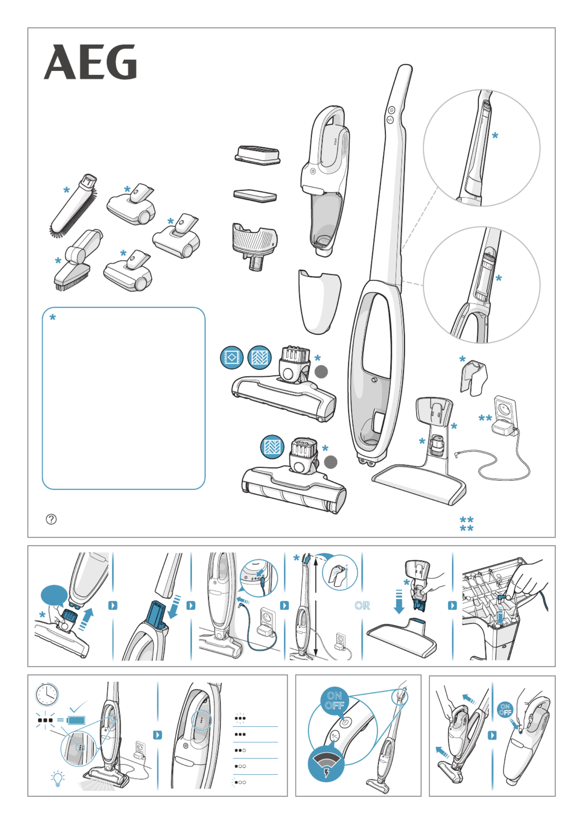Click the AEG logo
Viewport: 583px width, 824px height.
click(x=90, y=62)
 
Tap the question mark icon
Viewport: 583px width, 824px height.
click(x=51, y=519)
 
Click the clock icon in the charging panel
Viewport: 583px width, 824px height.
click(x=47, y=694)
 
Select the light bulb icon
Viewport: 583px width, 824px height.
click(x=58, y=779)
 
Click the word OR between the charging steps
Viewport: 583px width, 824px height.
click(x=362, y=606)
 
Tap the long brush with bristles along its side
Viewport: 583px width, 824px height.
click(x=74, y=206)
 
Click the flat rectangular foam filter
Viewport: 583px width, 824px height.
click(x=255, y=195)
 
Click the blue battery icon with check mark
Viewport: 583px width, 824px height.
click(x=76, y=720)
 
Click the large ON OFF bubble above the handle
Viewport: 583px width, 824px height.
click(x=334, y=701)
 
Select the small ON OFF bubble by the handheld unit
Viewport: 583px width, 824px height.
click(x=505, y=709)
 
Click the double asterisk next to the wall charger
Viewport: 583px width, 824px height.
click(x=485, y=418)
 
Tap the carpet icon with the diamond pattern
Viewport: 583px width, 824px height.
click(x=232, y=357)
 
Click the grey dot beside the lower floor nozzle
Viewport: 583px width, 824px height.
click(x=331, y=462)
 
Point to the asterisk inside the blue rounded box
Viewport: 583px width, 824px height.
click(x=53, y=318)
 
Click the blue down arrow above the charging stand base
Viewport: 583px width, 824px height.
click(x=399, y=602)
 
